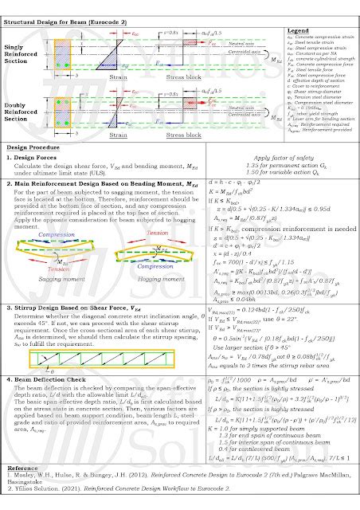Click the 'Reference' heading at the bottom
coord(24,470)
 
